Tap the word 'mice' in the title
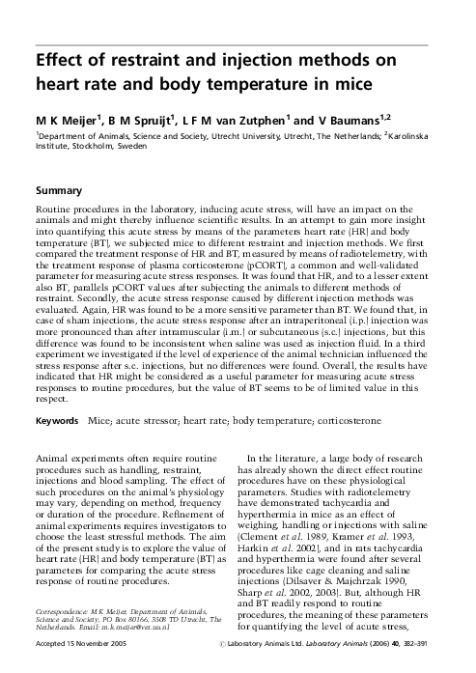pyautogui.click(x=344, y=84)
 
